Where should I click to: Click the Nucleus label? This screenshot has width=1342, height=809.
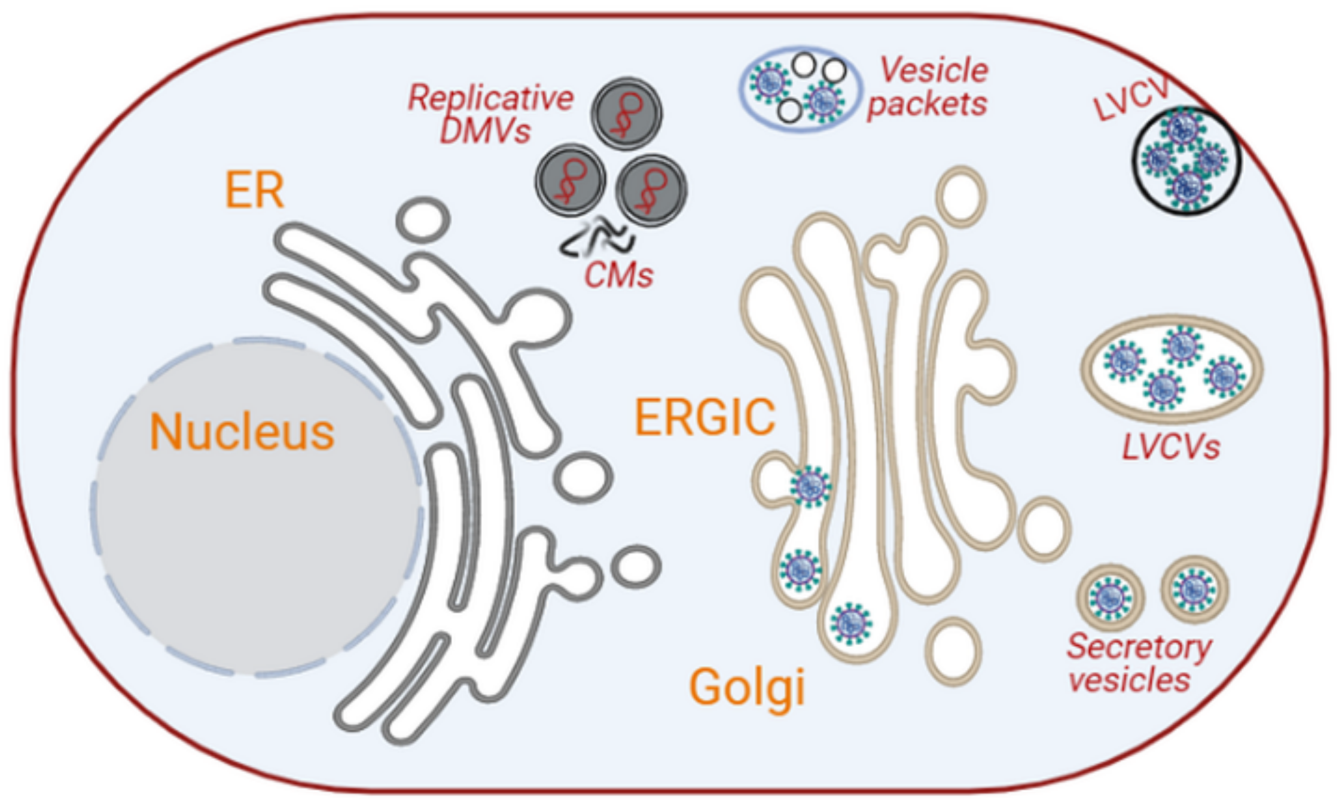click(x=242, y=432)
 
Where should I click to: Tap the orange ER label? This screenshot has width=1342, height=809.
click(x=254, y=191)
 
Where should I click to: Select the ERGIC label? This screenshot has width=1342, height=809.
click(x=704, y=417)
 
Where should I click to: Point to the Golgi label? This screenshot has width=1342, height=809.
click(x=747, y=688)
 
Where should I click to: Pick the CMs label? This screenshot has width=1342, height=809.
click(x=618, y=276)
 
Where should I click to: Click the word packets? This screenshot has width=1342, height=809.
click(x=926, y=105)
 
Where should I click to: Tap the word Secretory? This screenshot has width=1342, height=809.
click(x=1139, y=647)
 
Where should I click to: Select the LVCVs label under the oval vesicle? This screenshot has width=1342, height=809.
click(x=1170, y=447)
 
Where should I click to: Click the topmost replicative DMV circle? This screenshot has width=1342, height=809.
click(x=626, y=114)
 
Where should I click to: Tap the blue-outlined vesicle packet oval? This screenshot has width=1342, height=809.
click(x=801, y=90)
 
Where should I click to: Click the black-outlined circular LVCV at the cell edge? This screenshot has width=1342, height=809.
click(x=1186, y=160)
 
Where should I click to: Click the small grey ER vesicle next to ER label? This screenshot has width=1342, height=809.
click(x=423, y=219)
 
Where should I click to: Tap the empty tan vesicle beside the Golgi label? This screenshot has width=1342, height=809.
click(x=953, y=652)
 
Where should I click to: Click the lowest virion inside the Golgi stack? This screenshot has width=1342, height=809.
click(x=850, y=624)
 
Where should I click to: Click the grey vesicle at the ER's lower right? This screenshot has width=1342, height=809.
click(x=636, y=566)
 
